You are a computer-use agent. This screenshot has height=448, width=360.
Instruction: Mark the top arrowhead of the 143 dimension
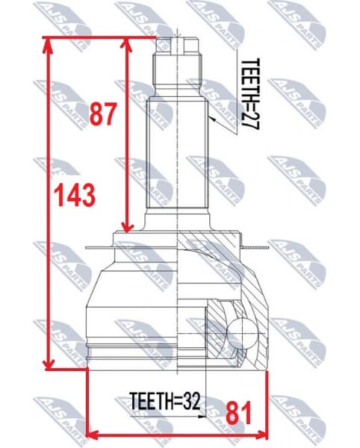(x=49, y=45)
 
